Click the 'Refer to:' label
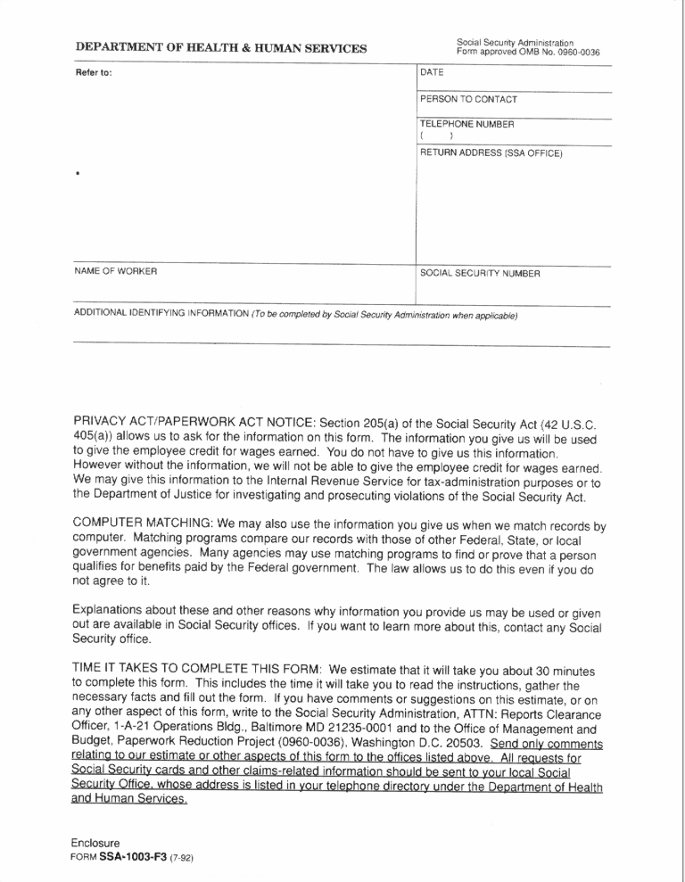[x=94, y=72]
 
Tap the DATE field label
[x=432, y=72]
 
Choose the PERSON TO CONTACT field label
[x=468, y=99]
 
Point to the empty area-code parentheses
[x=437, y=136]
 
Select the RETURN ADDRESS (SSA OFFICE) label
[x=491, y=153]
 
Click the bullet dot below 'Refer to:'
[x=78, y=174]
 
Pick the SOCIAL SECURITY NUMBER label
[x=480, y=273]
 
